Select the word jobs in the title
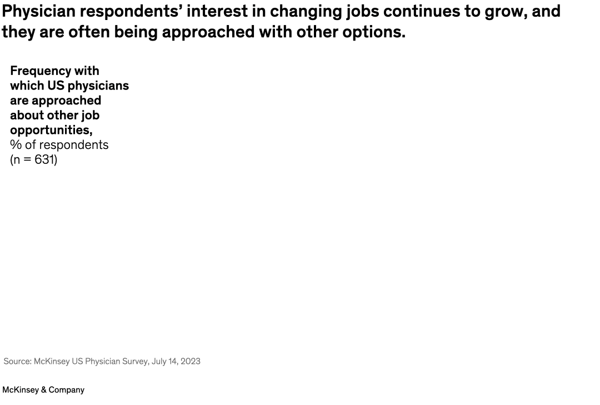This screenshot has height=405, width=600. pyautogui.click(x=348, y=11)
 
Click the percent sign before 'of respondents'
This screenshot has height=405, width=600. pyautogui.click(x=16, y=145)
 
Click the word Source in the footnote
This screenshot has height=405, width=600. pyautogui.click(x=17, y=361)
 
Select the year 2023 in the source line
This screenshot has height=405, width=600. pyautogui.click(x=190, y=361)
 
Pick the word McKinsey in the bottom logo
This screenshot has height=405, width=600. pyautogui.click(x=21, y=390)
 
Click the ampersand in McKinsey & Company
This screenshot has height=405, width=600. pyautogui.click(x=44, y=390)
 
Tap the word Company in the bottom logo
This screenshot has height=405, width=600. pyautogui.click(x=67, y=390)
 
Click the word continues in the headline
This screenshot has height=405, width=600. pyautogui.click(x=404, y=11)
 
